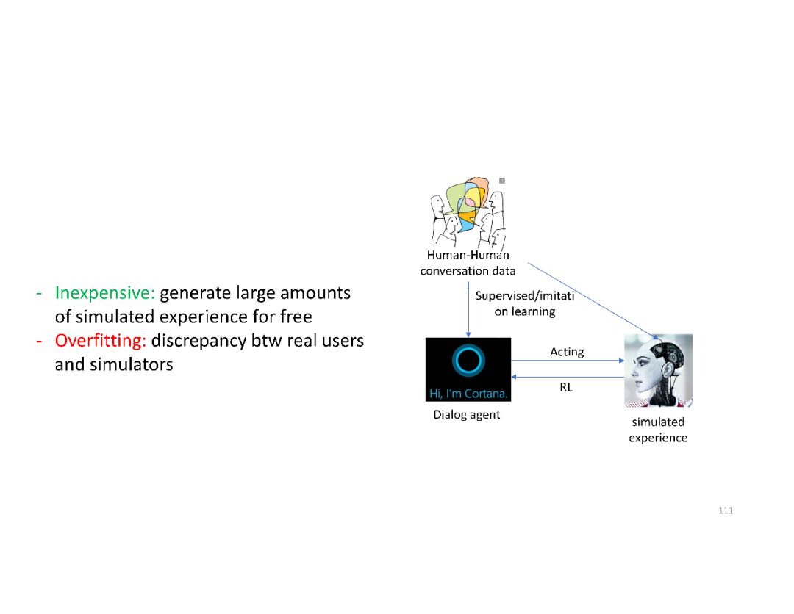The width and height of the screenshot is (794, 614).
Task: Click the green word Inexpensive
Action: pyautogui.click(x=104, y=293)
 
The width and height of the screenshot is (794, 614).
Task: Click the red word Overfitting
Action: pyautogui.click(x=100, y=342)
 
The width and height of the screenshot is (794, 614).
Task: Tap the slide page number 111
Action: pyautogui.click(x=725, y=510)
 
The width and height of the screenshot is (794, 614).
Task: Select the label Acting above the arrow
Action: pyautogui.click(x=567, y=352)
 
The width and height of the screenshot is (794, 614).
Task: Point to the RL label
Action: pyautogui.click(x=565, y=386)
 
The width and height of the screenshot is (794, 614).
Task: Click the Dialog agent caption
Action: pyautogui.click(x=466, y=414)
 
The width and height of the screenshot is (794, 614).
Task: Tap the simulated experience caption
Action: pyautogui.click(x=658, y=430)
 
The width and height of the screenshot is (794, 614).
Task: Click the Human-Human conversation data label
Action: pyautogui.click(x=468, y=263)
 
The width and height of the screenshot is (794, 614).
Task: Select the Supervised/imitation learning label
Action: pyautogui.click(x=524, y=303)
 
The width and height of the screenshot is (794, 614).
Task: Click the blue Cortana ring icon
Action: pyautogui.click(x=468, y=361)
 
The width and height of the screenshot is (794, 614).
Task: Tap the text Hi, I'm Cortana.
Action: pyautogui.click(x=468, y=394)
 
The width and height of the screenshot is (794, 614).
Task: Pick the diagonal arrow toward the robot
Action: pyautogui.click(x=588, y=298)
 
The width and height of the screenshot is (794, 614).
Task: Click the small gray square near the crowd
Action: pyautogui.click(x=502, y=180)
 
